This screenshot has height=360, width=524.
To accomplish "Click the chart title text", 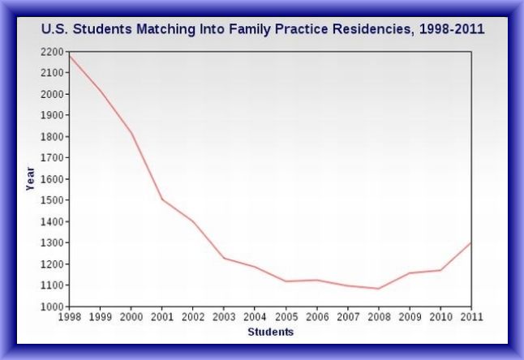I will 263,29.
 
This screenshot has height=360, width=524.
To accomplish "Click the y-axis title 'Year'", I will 30,178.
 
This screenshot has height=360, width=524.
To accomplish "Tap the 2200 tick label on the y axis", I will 51,51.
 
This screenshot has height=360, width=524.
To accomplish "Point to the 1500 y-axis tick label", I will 51,200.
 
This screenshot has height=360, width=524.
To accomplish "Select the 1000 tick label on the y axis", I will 51,306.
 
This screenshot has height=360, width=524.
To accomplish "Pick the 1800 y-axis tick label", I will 51,136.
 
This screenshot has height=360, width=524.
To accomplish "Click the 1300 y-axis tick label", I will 51,243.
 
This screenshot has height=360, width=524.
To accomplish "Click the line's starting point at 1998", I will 69,55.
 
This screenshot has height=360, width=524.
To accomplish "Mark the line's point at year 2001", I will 162,199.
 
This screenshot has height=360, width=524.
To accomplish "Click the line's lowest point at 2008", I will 378,289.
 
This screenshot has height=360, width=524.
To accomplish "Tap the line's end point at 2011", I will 470,242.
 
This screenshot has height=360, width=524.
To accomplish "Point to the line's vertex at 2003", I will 224,258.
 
